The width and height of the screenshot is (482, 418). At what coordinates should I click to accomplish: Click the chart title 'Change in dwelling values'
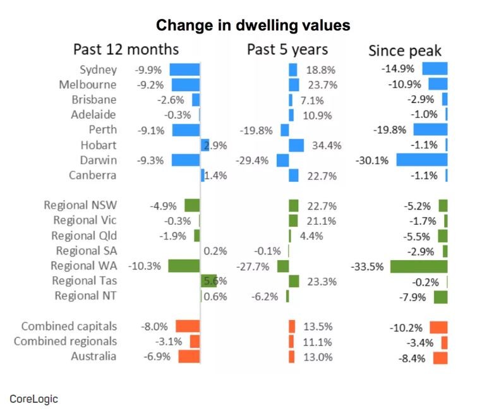click(x=253, y=25)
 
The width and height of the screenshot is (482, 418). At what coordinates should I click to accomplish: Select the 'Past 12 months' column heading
click(x=126, y=50)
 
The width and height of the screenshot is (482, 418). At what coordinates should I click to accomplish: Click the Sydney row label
click(x=98, y=69)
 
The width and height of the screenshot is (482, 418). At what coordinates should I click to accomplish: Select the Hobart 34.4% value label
click(x=326, y=145)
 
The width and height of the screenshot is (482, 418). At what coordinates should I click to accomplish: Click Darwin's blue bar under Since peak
click(x=421, y=160)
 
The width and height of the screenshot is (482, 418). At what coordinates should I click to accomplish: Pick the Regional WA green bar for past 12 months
click(x=184, y=266)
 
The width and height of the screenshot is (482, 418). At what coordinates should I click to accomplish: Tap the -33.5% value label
click(x=367, y=266)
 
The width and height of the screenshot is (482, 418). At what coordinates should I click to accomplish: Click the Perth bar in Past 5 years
click(x=284, y=130)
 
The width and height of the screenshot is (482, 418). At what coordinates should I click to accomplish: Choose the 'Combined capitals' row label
click(x=69, y=326)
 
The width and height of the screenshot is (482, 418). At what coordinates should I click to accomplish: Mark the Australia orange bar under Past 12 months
click(x=189, y=357)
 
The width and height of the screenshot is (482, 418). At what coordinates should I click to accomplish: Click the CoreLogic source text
click(x=33, y=398)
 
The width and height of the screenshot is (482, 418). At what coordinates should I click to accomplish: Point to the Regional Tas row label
click(x=84, y=281)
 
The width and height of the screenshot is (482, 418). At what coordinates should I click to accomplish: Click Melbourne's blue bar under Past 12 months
click(x=185, y=84)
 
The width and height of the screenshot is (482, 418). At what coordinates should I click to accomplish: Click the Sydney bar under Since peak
click(x=435, y=69)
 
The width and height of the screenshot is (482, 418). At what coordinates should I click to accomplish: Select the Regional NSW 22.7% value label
click(x=321, y=206)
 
